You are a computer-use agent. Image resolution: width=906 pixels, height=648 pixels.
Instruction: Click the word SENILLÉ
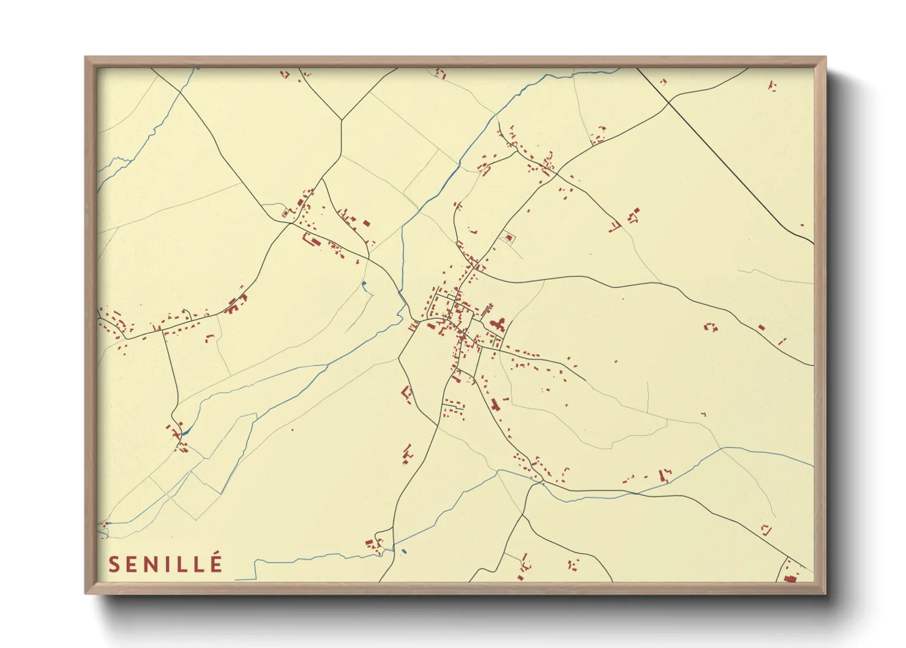click(165, 564)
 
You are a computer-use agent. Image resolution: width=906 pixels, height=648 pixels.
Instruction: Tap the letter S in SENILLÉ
click(114, 565)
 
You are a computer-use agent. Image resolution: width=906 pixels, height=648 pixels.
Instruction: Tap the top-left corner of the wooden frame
click(86, 58)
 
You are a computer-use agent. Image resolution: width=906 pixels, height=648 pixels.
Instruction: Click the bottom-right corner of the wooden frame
click(825, 593)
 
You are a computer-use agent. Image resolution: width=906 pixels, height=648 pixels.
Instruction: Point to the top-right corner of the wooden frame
click(825, 58)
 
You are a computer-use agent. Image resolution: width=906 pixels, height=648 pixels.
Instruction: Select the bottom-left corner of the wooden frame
click(86, 593)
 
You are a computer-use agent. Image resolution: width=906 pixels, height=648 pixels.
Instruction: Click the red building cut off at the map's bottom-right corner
click(790, 578)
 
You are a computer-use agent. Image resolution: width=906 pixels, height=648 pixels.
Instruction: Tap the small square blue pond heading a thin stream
click(364, 283)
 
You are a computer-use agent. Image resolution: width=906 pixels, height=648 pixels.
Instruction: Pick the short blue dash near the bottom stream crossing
click(403, 552)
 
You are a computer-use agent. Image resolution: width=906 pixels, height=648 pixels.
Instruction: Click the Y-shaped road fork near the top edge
click(341, 119)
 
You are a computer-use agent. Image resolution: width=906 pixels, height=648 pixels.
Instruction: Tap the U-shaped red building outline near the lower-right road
click(765, 529)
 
